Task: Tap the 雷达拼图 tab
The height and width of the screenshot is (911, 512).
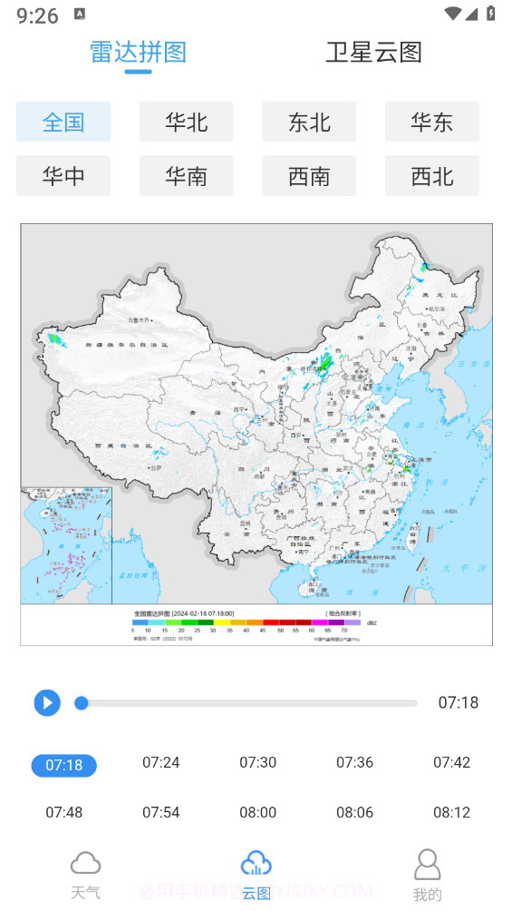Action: [x=138, y=53]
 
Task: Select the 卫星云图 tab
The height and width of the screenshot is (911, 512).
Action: [x=373, y=53]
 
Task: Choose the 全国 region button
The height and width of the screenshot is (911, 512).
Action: [x=63, y=122]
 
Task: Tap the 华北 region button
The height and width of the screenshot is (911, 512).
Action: [x=186, y=122]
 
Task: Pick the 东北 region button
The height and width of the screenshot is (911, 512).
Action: [x=309, y=122]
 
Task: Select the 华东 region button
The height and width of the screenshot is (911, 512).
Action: [x=431, y=122]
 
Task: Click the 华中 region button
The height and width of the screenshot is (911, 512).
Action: [x=63, y=176]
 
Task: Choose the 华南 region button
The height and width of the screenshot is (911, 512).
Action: [x=186, y=176]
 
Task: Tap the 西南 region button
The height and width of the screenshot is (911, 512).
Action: [x=309, y=176]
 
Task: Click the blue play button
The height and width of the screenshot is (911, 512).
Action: [x=47, y=702]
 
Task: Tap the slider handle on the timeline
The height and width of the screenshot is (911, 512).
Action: [x=82, y=702]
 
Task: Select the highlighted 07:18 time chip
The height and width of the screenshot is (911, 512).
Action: [x=63, y=765]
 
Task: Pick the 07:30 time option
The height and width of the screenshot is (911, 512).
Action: [x=257, y=762]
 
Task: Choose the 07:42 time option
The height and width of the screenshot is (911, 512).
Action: [x=451, y=762]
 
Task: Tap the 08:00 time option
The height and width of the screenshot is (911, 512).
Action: [x=257, y=812]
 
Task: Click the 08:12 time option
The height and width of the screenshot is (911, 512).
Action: [x=451, y=812]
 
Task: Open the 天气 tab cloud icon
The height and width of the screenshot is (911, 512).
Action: [x=85, y=863]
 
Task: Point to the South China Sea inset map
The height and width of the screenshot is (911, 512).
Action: [x=66, y=545]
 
